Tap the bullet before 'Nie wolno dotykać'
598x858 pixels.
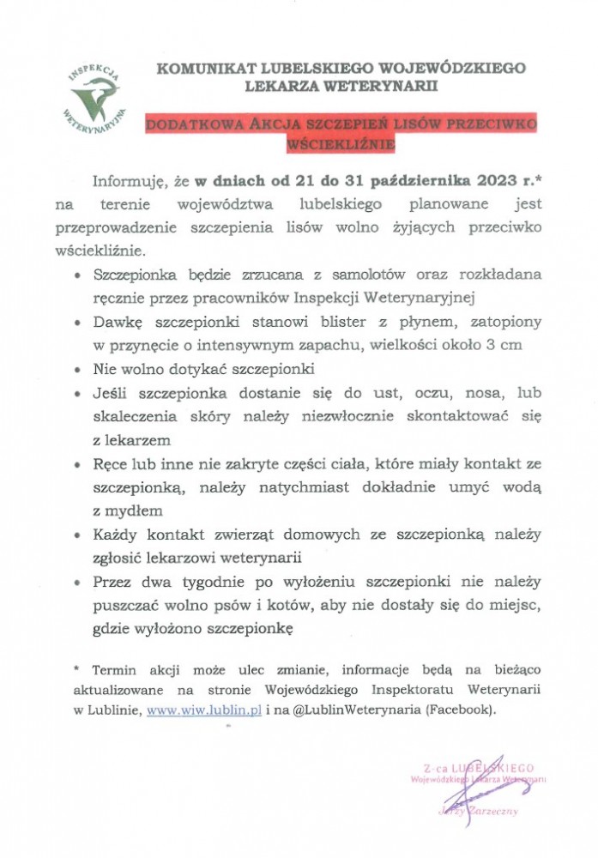pos(78,370)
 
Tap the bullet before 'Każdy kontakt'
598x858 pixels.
pos(78,535)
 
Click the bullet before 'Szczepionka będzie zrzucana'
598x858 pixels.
pos(78,277)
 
